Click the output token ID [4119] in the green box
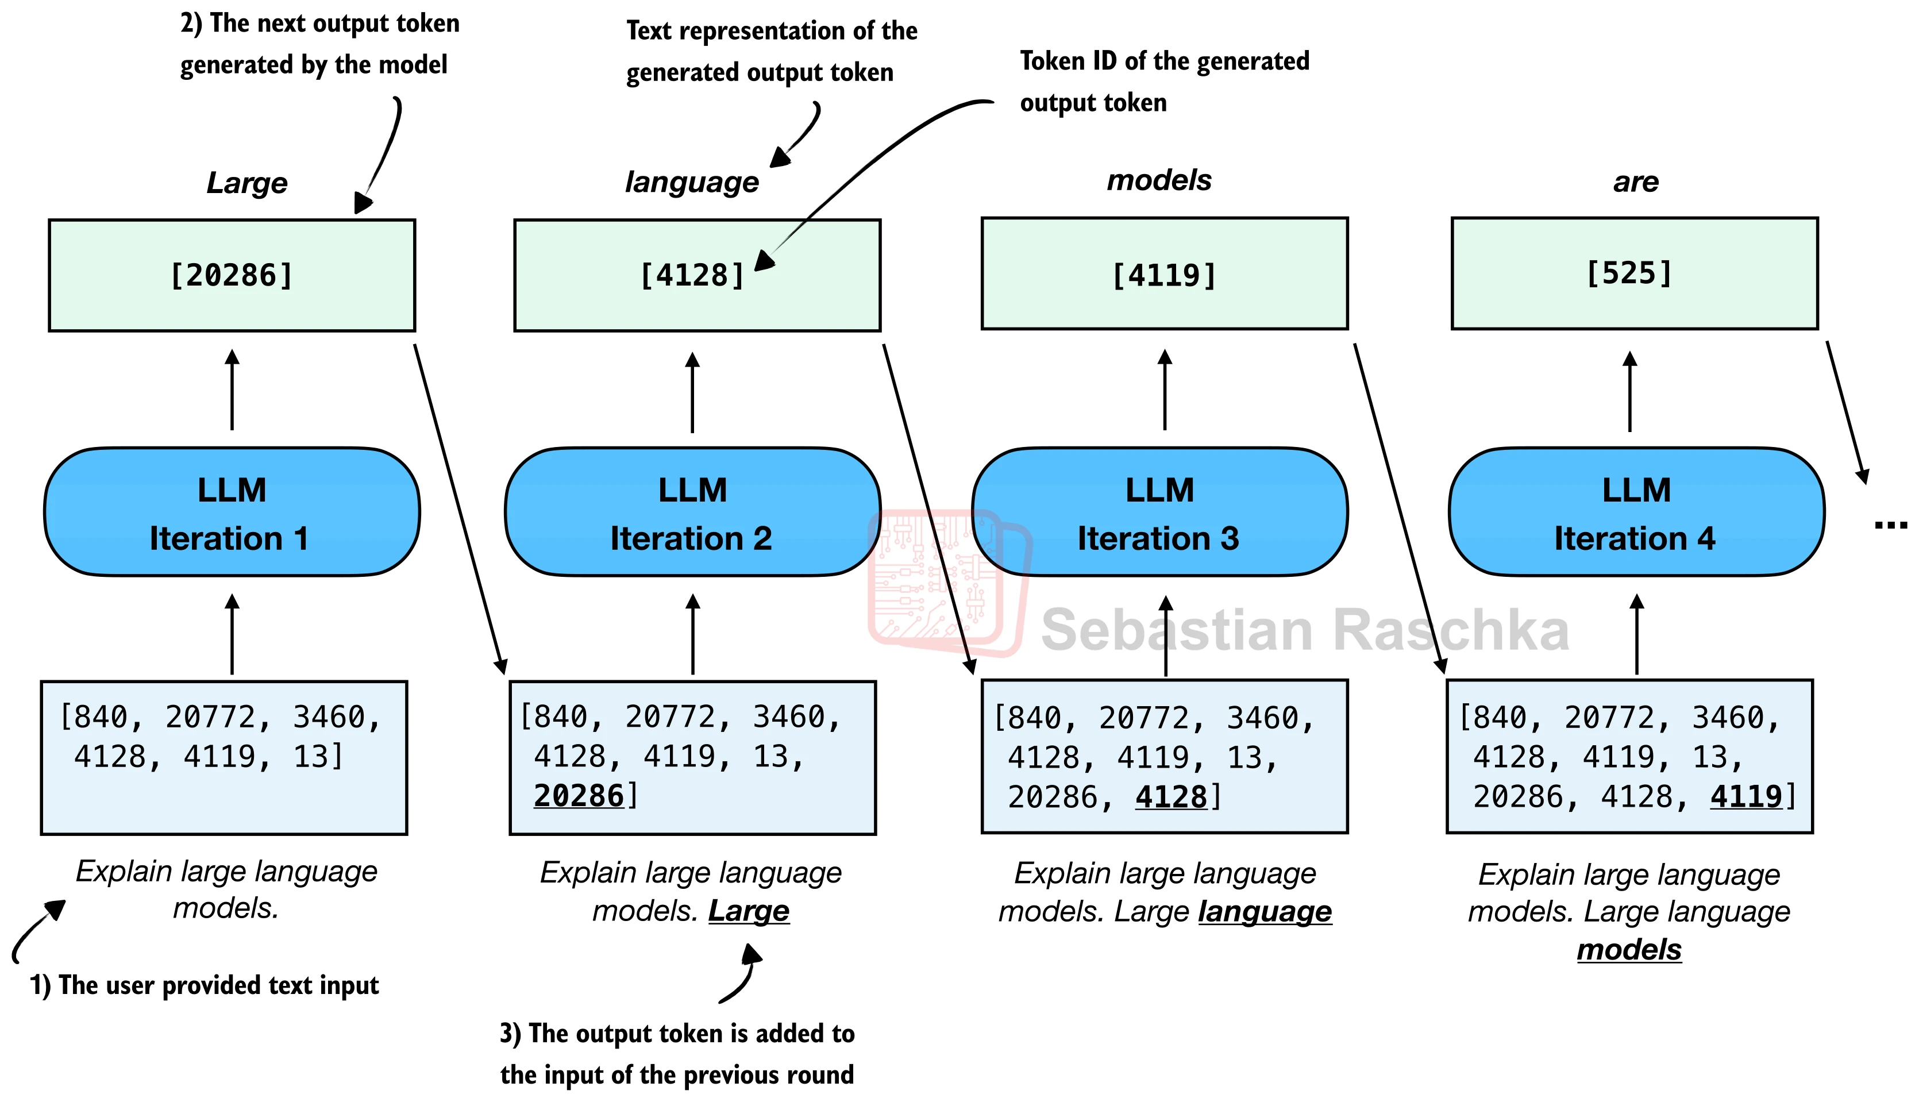pos(1165,276)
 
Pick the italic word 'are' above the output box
pos(1636,182)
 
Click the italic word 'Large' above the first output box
pos(248,183)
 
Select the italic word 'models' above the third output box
pos(1159,180)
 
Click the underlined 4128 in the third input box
pos(1172,797)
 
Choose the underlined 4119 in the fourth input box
pos(1747,796)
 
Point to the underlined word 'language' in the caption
pos(1265,912)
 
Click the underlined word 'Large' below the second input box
pos(749,911)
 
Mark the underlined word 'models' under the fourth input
pos(1629,950)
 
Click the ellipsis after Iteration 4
pos(1890,525)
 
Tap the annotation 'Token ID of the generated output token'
pos(1165,82)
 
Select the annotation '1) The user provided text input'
pos(205,985)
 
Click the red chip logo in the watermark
pos(950,582)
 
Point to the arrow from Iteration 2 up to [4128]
pos(692,392)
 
